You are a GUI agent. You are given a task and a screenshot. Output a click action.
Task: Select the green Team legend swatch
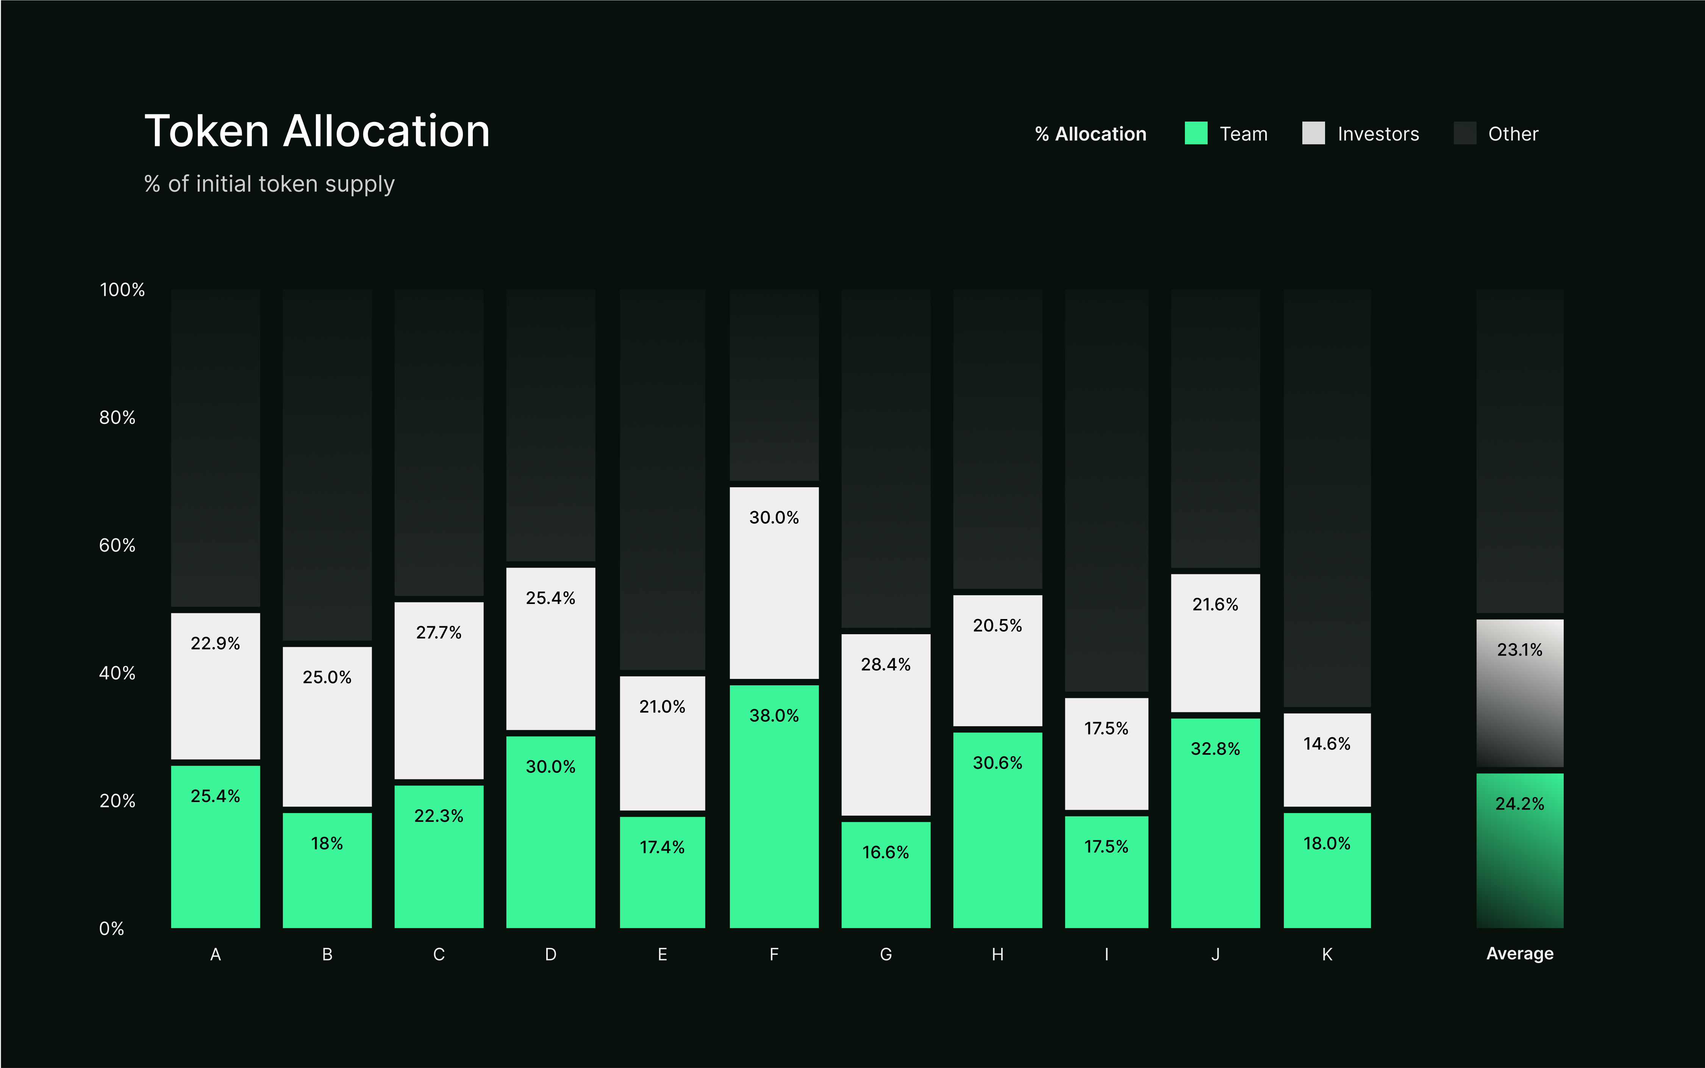pyautogui.click(x=1196, y=133)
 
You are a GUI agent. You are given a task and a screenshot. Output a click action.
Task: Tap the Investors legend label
pyautogui.click(x=1378, y=134)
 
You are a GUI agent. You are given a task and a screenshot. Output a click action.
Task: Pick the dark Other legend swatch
pyautogui.click(x=1465, y=133)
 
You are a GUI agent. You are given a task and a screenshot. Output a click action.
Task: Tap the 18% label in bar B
pyautogui.click(x=327, y=843)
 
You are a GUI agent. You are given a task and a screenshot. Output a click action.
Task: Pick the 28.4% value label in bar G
pyautogui.click(x=886, y=665)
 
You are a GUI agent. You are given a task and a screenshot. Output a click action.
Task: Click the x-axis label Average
pyautogui.click(x=1520, y=954)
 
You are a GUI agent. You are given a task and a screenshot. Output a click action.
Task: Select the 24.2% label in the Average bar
pyautogui.click(x=1520, y=804)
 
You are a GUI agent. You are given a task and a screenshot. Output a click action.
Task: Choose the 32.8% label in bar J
pyautogui.click(x=1216, y=749)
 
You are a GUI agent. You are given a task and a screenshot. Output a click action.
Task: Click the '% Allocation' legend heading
pyautogui.click(x=1091, y=134)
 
